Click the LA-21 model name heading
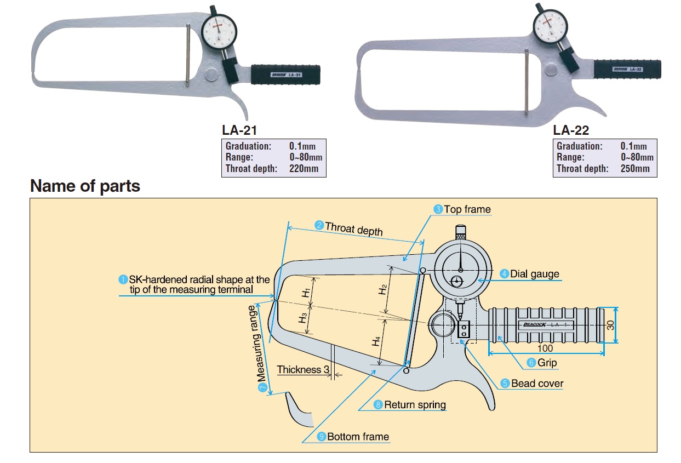click(x=239, y=130)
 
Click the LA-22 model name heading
click(x=571, y=130)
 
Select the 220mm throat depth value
click(x=304, y=169)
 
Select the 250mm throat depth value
click(x=635, y=169)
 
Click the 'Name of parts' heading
click(x=85, y=186)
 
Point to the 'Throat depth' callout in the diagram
click(x=353, y=228)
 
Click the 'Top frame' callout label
click(x=467, y=209)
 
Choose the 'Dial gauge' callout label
click(x=535, y=273)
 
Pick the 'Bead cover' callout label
click(x=537, y=384)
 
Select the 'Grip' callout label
click(x=547, y=363)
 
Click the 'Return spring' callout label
click(x=415, y=405)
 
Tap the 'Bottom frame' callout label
click(x=358, y=437)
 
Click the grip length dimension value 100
click(x=545, y=348)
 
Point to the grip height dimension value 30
click(x=610, y=325)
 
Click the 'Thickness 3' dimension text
click(x=303, y=370)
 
